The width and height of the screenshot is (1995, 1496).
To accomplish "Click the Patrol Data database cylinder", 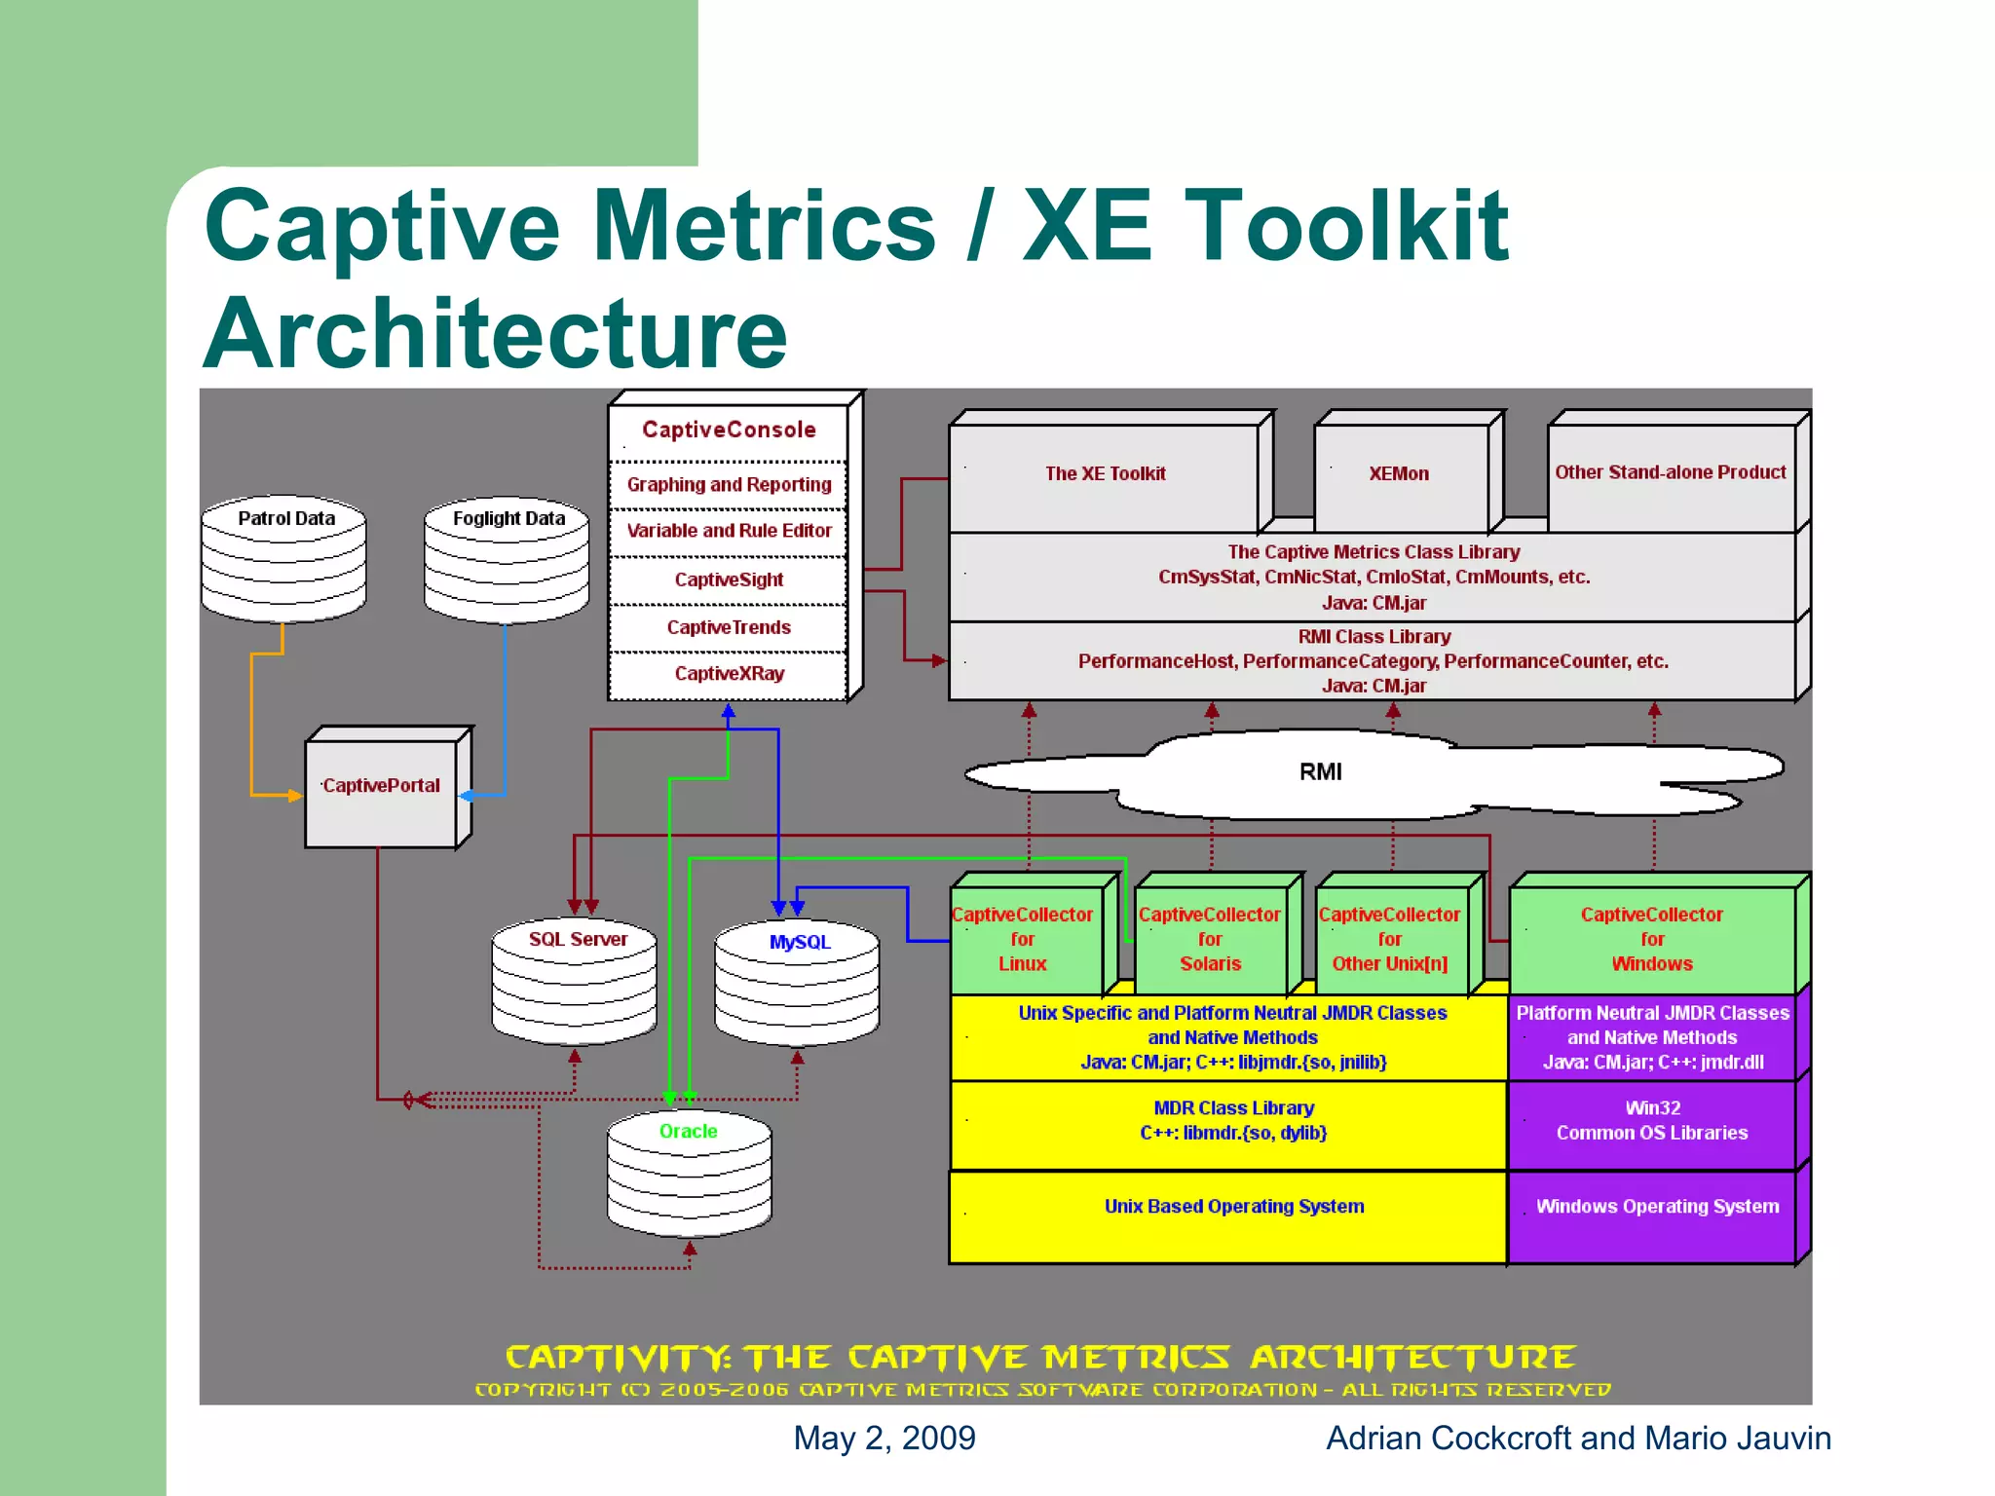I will click(x=283, y=560).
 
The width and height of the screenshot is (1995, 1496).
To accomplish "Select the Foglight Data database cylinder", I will click(x=507, y=560).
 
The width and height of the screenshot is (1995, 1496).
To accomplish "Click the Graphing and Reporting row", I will click(x=729, y=485).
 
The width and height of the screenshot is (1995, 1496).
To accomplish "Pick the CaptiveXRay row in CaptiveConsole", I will click(x=729, y=674).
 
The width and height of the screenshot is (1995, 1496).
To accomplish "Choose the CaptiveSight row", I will click(x=729, y=580).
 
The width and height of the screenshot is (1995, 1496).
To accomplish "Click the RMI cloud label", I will click(x=1320, y=772).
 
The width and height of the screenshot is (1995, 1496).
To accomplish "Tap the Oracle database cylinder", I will click(x=689, y=1173).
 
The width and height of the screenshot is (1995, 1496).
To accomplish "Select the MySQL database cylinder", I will click(x=797, y=982).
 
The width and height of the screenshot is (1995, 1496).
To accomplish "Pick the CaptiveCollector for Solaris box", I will click(x=1210, y=939).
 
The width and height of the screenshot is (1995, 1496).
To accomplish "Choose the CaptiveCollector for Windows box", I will click(x=1651, y=939).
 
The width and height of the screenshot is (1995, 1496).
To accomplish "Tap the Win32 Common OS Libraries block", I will click(x=1651, y=1121).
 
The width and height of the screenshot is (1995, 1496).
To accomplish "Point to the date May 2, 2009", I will click(x=884, y=1439).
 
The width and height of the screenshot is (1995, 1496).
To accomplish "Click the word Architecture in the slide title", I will click(x=495, y=334).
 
